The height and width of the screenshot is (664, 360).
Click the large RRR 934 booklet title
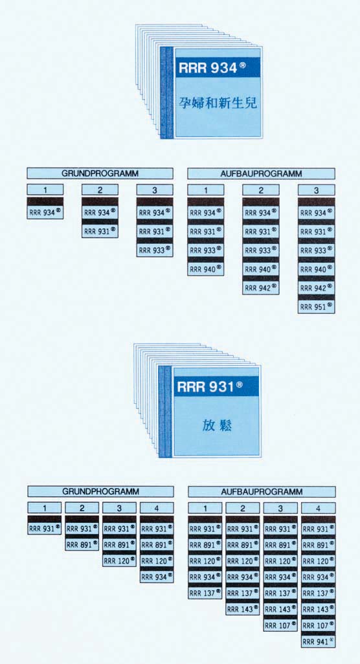pos(212,68)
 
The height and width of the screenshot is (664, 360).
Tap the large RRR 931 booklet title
pos(210,387)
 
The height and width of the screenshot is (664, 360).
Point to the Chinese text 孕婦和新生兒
pos(218,102)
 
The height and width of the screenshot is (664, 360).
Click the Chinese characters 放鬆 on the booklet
pos(217,426)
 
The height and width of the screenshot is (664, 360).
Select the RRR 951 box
pos(317,307)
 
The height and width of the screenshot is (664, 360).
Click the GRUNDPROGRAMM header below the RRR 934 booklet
pos(100,173)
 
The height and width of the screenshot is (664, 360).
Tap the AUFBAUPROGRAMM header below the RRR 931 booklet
pos(262,492)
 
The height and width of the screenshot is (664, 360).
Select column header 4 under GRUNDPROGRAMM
pos(157,508)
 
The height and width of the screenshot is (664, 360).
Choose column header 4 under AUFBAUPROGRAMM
pos(318,508)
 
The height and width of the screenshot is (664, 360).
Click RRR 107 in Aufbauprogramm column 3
pos(280,625)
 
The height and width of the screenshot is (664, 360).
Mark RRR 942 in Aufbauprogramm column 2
pos(261,288)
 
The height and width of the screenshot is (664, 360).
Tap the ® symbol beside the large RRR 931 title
pos(240,384)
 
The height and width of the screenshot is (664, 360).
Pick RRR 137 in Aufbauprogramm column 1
pos(205,593)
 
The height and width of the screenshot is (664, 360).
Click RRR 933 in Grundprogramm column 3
pos(155,250)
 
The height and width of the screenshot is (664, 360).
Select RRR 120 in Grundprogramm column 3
pos(119,560)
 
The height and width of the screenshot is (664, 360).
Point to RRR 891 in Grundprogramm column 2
pos(82,544)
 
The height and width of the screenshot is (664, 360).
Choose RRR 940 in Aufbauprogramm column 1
pos(206,269)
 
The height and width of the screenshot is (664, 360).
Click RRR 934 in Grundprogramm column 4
pos(157,577)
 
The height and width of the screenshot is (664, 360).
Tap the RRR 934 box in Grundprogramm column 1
pos(45,212)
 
